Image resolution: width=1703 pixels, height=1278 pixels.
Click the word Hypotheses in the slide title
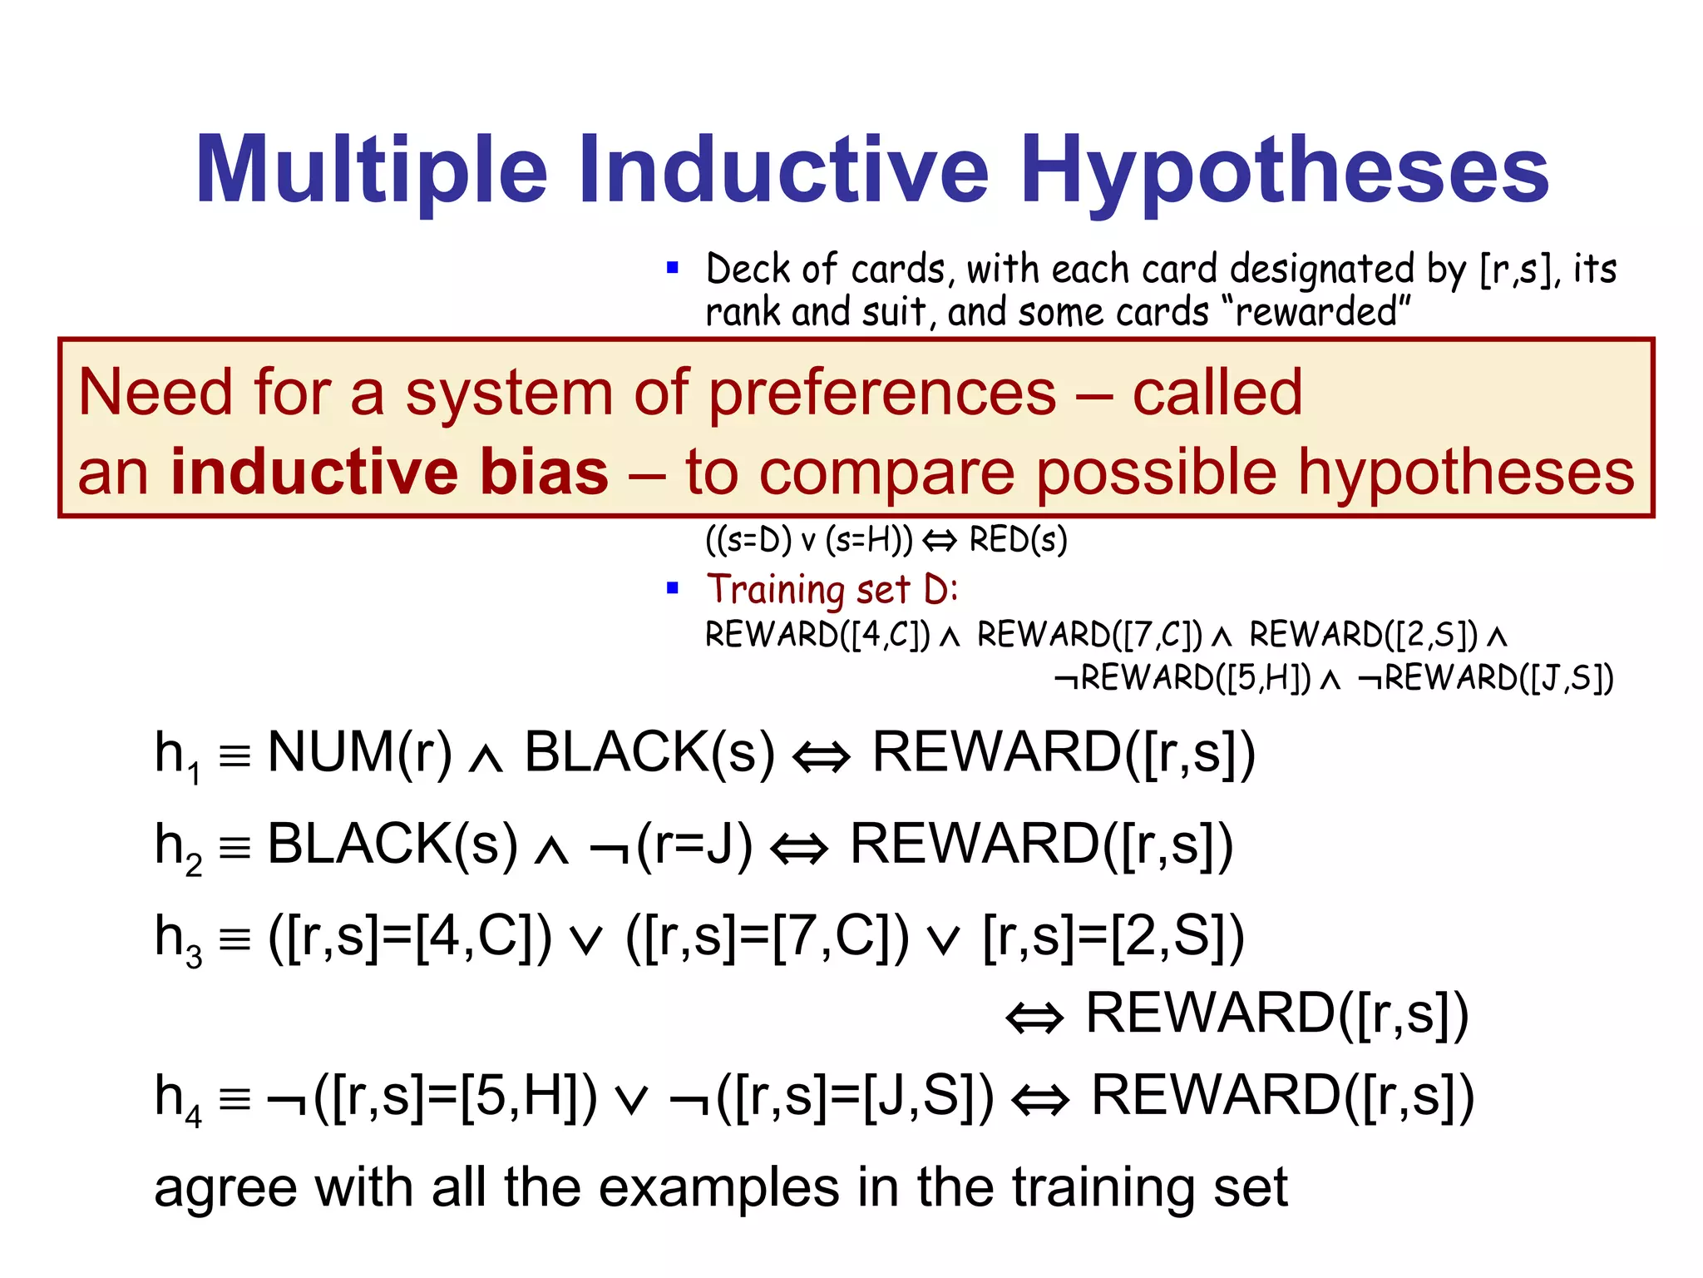[x=1284, y=172]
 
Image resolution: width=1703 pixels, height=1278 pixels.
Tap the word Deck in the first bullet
[x=748, y=270]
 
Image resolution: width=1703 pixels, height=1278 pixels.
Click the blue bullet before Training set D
[x=673, y=589]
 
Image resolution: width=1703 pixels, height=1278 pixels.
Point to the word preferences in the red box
[x=882, y=393]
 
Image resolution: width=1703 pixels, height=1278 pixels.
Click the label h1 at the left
[x=177, y=755]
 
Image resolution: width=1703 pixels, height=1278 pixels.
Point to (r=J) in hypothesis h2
[x=694, y=845]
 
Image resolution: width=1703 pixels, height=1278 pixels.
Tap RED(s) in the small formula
[x=1018, y=541]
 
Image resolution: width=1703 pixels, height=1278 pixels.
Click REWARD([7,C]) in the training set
[x=1089, y=636]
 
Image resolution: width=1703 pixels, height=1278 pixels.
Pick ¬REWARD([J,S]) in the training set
[x=1486, y=679]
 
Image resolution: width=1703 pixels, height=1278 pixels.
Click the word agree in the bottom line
[x=225, y=1188]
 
